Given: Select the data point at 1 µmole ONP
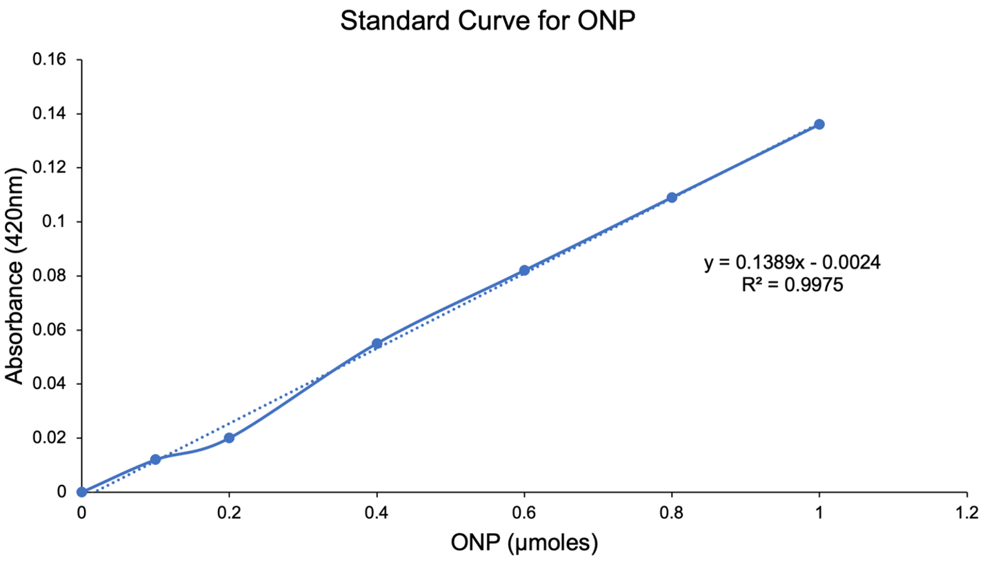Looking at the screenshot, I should click(x=819, y=124).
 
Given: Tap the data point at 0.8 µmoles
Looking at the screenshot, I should click(x=672, y=197).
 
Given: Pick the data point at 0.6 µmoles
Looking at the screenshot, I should click(x=524, y=270).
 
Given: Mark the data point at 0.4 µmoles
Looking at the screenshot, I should click(x=377, y=344).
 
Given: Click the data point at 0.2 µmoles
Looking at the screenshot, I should click(x=229, y=438).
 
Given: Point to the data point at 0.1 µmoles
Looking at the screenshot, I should click(x=155, y=459).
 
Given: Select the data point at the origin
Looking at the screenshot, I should click(x=81, y=492).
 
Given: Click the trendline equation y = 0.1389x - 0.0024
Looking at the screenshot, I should click(x=792, y=263).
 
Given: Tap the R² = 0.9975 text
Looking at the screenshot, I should click(x=792, y=285).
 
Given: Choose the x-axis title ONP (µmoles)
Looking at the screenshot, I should click(x=524, y=544).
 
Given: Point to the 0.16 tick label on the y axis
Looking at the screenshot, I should click(x=50, y=59).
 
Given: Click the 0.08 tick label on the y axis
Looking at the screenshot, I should click(x=50, y=276).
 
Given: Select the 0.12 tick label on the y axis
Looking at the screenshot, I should click(x=50, y=168).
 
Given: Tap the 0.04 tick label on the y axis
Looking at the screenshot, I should click(x=50, y=384).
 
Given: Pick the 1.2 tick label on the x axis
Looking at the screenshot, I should click(x=966, y=513).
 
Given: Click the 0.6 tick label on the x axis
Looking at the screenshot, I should click(x=524, y=513).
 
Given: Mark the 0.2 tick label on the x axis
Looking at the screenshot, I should click(x=229, y=513).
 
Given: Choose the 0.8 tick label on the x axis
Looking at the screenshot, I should click(x=672, y=513).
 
